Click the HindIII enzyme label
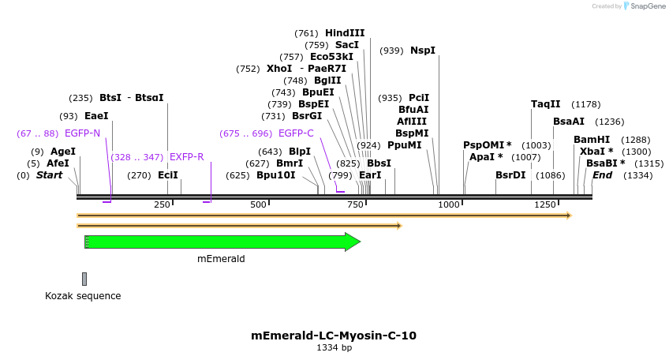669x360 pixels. [345, 33]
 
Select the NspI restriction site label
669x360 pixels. [422, 51]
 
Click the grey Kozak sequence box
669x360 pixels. [84, 279]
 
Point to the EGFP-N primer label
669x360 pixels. [82, 133]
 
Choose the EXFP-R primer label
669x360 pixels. [186, 157]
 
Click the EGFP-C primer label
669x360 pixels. [296, 133]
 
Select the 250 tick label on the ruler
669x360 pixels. [163, 205]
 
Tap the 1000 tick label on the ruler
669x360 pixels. [449, 205]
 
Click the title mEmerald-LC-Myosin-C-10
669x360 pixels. [334, 336]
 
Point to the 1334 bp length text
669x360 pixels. [334, 347]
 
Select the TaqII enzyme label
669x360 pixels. [546, 104]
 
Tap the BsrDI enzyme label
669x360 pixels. [510, 175]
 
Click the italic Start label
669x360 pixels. [50, 175]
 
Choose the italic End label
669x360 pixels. [602, 175]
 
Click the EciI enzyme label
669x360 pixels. [168, 175]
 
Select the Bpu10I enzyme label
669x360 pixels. [275, 175]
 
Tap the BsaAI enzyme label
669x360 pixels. [569, 122]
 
